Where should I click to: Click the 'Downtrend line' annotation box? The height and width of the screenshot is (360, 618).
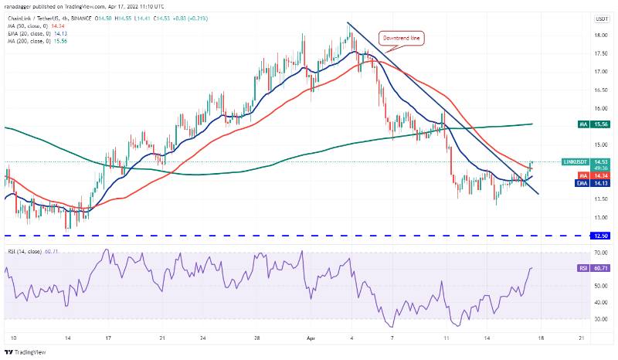(400, 37)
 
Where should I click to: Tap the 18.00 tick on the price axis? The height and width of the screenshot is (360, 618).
(599, 36)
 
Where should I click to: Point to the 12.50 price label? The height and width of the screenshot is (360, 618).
(599, 235)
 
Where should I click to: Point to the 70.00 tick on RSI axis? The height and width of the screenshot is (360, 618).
(599, 253)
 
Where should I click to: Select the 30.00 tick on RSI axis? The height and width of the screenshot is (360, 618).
(599, 318)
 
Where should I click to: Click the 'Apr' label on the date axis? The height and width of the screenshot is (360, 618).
(310, 338)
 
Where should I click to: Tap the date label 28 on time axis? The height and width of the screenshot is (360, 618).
(256, 338)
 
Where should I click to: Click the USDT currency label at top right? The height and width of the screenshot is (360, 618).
(599, 18)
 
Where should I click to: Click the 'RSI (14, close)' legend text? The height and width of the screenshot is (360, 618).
(27, 252)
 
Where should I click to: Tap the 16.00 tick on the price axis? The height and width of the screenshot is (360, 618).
(599, 108)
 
